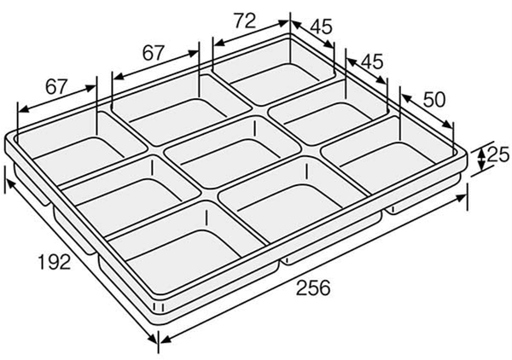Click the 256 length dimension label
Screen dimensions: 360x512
312,287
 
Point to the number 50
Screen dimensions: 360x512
433,98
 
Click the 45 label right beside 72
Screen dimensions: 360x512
321,27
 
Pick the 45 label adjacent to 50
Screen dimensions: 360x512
372,61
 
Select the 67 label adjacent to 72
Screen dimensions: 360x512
153,53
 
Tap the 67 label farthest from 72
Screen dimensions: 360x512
56,86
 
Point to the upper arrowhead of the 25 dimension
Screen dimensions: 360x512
481,147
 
